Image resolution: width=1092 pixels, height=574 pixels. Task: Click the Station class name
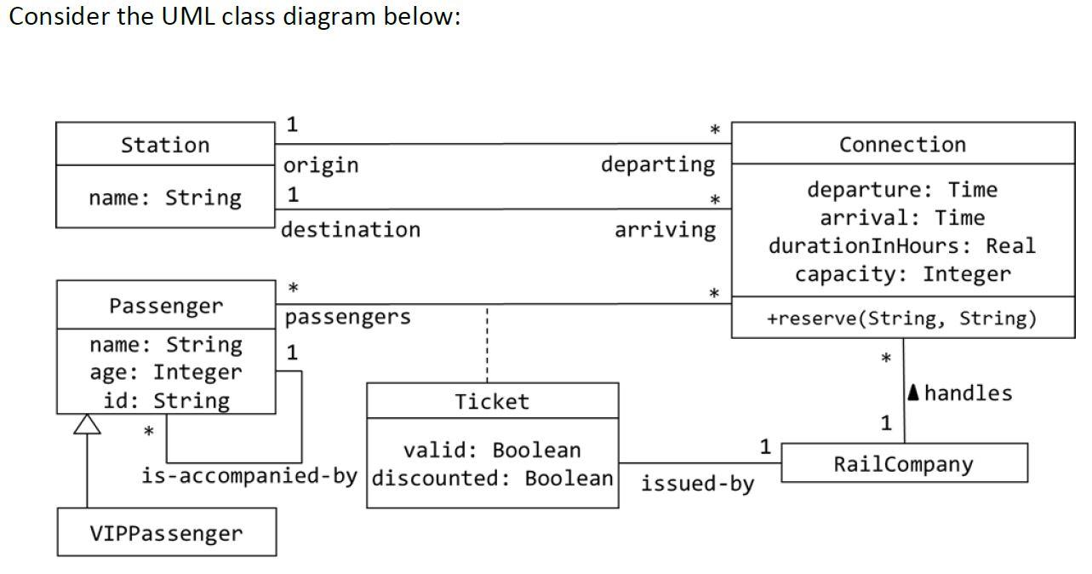point(165,145)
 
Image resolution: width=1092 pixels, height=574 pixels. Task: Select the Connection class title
point(902,145)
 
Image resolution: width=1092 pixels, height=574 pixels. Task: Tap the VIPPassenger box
point(166,534)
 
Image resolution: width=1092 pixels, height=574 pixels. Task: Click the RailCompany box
point(903,464)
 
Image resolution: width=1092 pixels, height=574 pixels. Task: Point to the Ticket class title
point(492,402)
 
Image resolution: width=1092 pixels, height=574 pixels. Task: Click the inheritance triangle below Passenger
point(87,424)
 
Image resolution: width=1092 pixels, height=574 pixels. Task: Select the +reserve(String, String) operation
point(902,319)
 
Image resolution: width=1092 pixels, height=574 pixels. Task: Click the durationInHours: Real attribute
point(902,246)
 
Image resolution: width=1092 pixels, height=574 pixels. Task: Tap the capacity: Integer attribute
point(902,274)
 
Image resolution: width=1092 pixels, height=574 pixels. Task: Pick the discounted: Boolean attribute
point(493,478)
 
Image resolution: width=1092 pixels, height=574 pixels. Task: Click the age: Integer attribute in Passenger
point(165,372)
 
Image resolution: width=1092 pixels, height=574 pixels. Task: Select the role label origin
point(321,165)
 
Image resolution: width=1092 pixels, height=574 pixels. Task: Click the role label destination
point(351,230)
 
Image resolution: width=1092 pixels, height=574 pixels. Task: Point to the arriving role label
point(665,230)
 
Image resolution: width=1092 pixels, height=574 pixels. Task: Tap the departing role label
point(658,164)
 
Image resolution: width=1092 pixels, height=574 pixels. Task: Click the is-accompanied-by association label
point(249,475)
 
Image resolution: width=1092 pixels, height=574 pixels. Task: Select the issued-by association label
point(697,484)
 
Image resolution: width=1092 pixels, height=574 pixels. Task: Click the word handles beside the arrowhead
point(968,393)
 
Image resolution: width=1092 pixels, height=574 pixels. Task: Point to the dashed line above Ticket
point(486,345)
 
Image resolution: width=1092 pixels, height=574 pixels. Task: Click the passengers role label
point(347,318)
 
